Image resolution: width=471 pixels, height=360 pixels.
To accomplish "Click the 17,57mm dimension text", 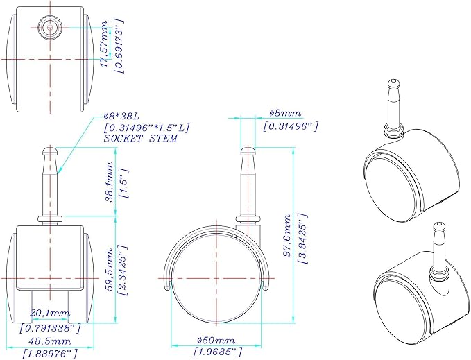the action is pos(104,44).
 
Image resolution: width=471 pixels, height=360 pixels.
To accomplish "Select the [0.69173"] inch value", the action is pos(119,45).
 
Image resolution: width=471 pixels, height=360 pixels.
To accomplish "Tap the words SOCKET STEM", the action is pos(141,139).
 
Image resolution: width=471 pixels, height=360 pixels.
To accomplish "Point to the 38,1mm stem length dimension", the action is pos(110,182).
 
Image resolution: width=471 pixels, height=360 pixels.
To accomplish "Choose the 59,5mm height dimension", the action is pos(110,269).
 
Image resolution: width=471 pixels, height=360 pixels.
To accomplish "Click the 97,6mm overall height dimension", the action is pos(287,235).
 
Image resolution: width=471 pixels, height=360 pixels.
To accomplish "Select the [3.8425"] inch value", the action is pos(302,239).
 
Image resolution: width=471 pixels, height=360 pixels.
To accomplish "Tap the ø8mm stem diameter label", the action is pos(285,113).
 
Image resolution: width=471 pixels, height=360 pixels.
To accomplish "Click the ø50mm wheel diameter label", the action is pos(216,340).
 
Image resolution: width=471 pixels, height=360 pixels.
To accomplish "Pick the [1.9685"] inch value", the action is pos(218,351).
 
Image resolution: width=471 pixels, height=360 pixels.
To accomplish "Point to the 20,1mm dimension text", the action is pos(50,313).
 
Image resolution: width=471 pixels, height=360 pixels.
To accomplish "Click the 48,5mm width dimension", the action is pos(50,341).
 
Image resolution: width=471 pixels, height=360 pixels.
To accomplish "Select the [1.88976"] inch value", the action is pos(50,352).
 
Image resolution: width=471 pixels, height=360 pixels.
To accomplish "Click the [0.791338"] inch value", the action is pos(50,328).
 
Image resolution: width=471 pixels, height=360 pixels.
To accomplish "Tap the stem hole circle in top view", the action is pos(50,27).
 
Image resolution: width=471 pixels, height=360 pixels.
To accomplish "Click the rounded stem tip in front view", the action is pos(51,150).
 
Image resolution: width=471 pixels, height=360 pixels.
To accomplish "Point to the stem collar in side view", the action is pos(248,219).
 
